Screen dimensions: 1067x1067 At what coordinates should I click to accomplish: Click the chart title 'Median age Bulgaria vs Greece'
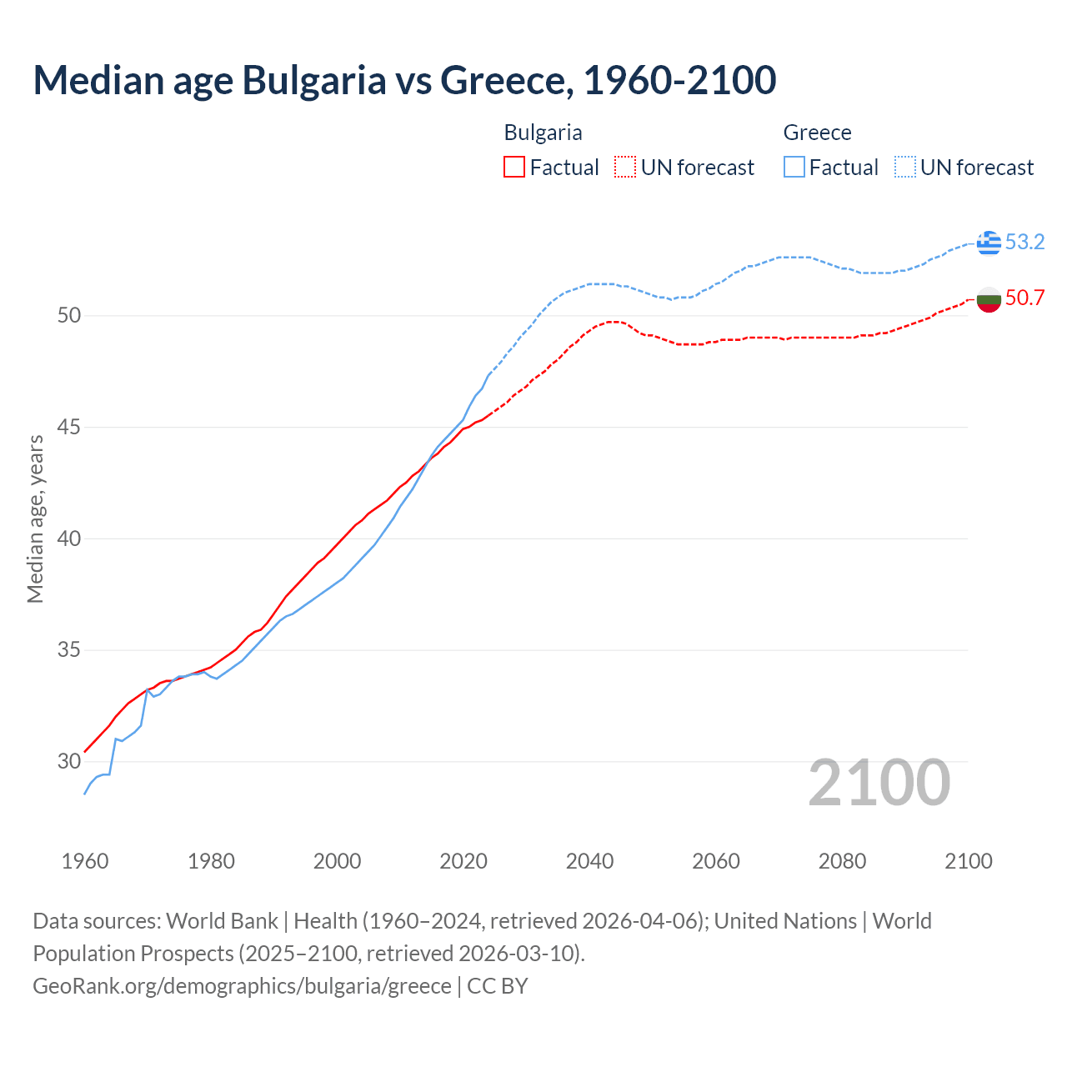[404, 80]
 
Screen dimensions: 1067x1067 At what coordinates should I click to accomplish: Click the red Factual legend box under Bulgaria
[514, 168]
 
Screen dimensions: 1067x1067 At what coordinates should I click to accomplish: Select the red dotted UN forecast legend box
[625, 168]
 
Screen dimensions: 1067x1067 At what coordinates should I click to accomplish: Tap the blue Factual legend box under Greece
[794, 168]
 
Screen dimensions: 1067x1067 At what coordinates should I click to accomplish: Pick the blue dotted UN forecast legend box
[905, 168]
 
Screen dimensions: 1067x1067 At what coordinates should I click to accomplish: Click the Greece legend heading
[817, 133]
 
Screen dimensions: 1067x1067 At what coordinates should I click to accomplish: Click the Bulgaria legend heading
[543, 133]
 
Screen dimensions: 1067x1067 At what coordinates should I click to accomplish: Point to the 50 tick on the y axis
[69, 315]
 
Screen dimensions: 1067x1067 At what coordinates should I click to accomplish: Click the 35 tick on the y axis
[69, 649]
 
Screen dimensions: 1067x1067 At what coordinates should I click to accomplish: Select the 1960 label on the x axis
[85, 861]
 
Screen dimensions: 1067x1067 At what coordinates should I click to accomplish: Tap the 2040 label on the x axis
[589, 861]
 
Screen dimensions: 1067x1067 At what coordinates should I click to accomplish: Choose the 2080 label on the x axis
[842, 861]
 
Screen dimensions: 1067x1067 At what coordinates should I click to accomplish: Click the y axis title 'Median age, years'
[35, 518]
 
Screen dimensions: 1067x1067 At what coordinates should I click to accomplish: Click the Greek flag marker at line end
[989, 243]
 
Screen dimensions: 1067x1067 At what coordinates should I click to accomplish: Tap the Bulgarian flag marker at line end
[989, 298]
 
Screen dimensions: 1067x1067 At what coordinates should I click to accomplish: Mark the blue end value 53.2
[1024, 243]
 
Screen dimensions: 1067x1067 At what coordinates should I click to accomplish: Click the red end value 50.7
[1024, 298]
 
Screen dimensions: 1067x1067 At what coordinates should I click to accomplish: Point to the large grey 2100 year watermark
[879, 783]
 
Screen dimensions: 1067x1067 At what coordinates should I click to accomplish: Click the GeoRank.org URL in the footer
[242, 986]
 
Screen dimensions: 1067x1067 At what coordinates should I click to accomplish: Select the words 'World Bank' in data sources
[222, 921]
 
